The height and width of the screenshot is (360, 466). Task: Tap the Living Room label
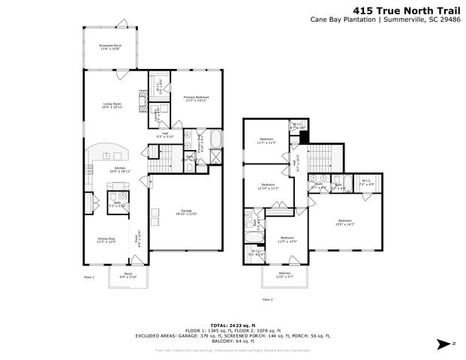pyautogui.click(x=113, y=106)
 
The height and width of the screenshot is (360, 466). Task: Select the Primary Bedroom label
pyautogui.click(x=197, y=98)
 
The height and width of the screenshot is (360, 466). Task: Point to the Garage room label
pyautogui.click(x=186, y=212)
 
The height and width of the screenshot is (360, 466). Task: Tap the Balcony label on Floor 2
pyautogui.click(x=284, y=274)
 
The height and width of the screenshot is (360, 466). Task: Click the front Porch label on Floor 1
pyautogui.click(x=128, y=274)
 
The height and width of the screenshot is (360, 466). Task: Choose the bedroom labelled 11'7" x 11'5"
pyautogui.click(x=267, y=140)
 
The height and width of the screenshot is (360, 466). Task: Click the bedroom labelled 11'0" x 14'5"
pyautogui.click(x=288, y=239)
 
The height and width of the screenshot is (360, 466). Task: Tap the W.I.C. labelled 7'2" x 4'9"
pyautogui.click(x=366, y=181)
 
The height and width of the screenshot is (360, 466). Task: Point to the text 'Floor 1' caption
pyautogui.click(x=89, y=278)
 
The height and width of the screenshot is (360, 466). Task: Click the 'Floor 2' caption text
pyautogui.click(x=267, y=298)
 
